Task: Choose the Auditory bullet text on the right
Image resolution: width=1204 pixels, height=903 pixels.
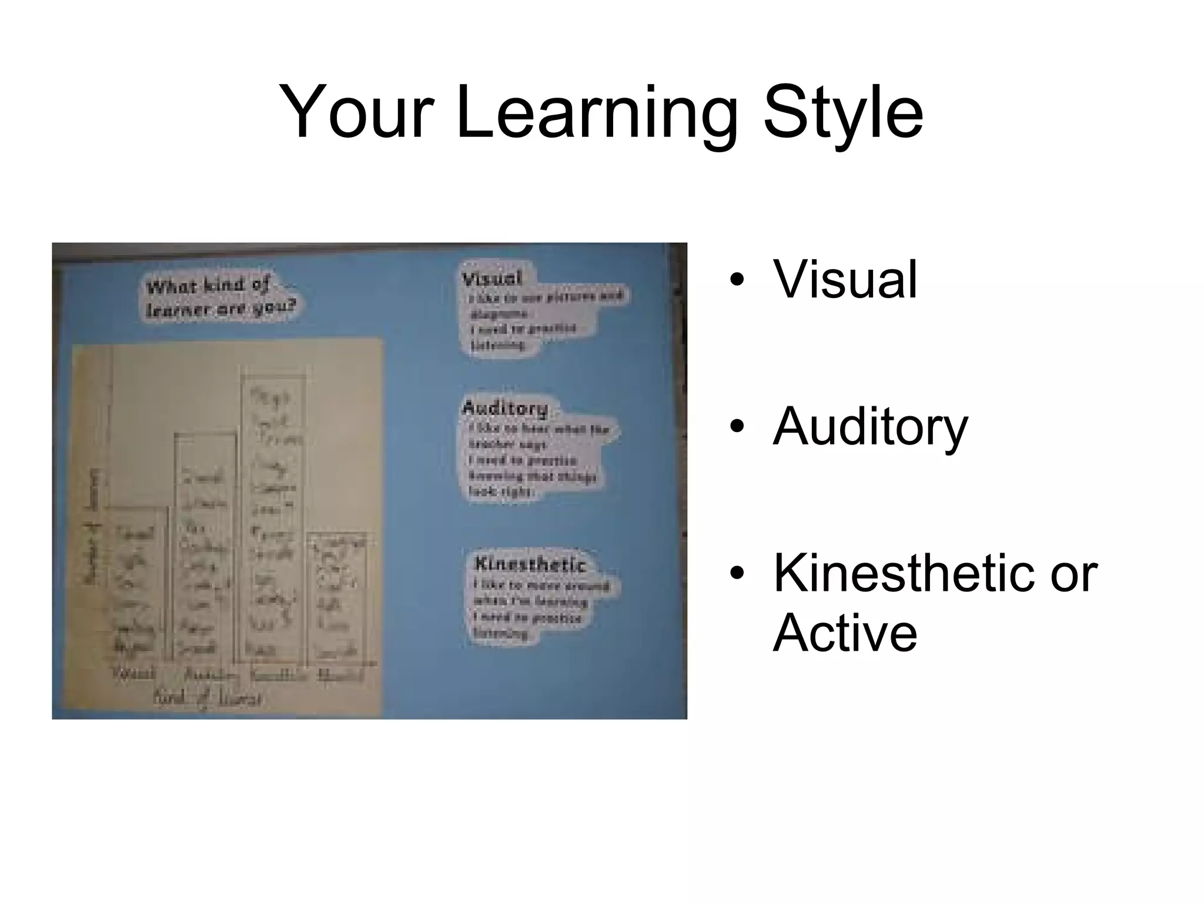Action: click(x=870, y=427)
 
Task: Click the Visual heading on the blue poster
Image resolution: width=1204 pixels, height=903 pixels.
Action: click(x=491, y=278)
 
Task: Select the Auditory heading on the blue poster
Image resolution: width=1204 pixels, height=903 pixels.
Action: click(x=505, y=407)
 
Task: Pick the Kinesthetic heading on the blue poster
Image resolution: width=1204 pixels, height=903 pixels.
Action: click(x=530, y=564)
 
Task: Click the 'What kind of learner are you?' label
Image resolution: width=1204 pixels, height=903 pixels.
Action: click(x=221, y=297)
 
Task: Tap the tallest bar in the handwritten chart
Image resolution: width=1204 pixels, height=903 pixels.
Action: click(x=273, y=517)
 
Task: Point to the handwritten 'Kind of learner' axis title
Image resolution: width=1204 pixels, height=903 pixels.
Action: click(x=208, y=698)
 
